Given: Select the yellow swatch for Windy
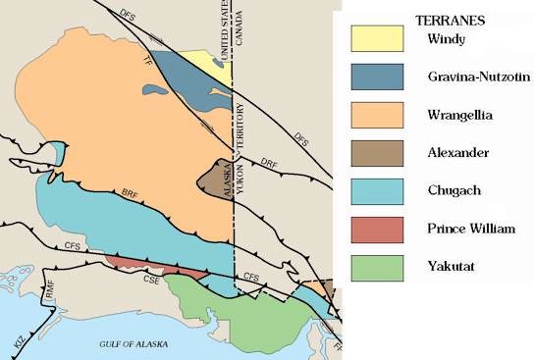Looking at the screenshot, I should tap(377, 38).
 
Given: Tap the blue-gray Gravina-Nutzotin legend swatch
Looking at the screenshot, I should tap(377, 77).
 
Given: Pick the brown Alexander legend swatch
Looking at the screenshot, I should tap(377, 153).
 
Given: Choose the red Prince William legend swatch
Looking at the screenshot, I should tap(377, 230).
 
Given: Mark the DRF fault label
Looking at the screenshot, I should tap(271, 161).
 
